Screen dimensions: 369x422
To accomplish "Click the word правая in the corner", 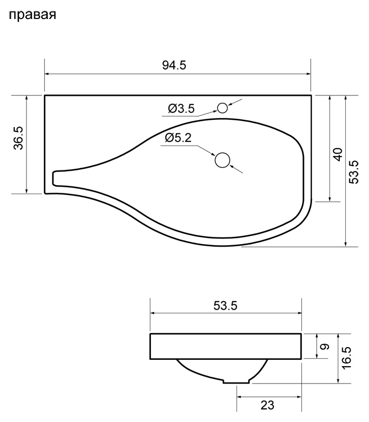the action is click(x=33, y=15).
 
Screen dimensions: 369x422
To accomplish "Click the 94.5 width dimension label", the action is click(x=174, y=65).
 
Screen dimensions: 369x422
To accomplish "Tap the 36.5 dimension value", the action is click(x=19, y=138).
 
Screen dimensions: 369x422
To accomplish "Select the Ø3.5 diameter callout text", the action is click(x=181, y=109).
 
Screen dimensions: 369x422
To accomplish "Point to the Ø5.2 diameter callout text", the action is click(x=178, y=138).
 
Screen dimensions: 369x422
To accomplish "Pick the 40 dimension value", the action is click(x=338, y=154).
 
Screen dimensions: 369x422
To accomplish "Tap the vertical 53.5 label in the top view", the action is click(x=354, y=172).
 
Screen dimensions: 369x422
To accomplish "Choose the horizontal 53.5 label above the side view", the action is click(x=225, y=306).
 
